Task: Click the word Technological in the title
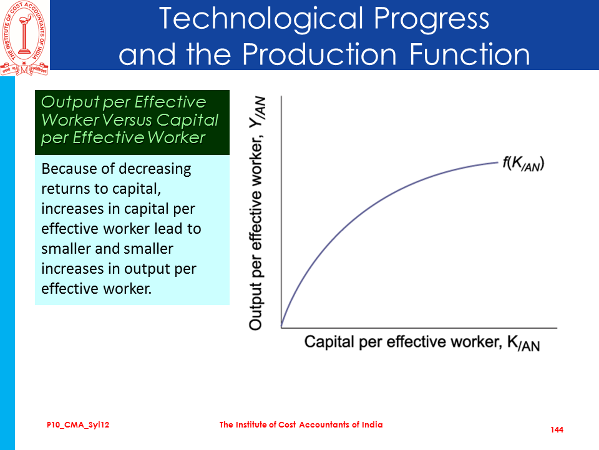(261, 19)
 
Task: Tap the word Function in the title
(470, 54)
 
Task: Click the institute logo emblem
(24, 38)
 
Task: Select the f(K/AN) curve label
(523, 164)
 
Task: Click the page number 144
(557, 430)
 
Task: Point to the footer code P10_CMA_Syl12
(78, 425)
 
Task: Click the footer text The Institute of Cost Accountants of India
(301, 425)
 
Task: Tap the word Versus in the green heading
(127, 120)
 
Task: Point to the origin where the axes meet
(281, 327)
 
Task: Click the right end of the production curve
(498, 162)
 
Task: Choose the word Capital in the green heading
(187, 121)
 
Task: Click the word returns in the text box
(66, 189)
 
